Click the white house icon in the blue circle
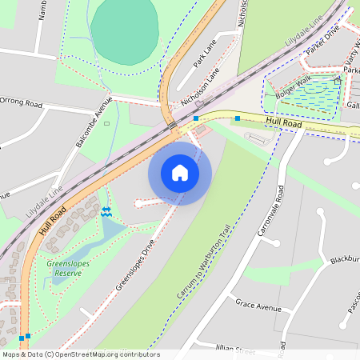point(180,173)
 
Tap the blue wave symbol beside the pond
point(106,210)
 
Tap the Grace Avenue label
point(258,306)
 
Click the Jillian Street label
point(234,350)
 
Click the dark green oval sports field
point(124,31)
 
